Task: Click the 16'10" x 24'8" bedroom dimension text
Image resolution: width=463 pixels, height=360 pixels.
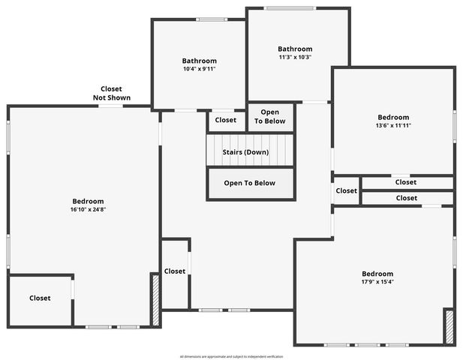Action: click(88, 210)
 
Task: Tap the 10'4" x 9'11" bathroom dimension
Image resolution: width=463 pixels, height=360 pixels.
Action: click(199, 69)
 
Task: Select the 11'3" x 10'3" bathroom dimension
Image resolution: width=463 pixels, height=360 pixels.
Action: click(294, 57)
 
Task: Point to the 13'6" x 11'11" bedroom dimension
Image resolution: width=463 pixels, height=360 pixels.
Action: click(393, 125)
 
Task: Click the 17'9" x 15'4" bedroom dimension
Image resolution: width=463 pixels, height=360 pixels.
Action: click(377, 282)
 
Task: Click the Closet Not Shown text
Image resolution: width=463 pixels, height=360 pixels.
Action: click(112, 93)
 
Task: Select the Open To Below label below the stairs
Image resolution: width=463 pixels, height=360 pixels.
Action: click(250, 183)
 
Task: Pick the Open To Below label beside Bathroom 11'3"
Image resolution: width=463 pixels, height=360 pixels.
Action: click(270, 116)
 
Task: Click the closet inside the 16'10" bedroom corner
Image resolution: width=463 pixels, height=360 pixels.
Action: click(41, 298)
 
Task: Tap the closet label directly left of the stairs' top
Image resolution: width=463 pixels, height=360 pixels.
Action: click(226, 120)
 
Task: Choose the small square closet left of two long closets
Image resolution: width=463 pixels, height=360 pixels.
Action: click(346, 190)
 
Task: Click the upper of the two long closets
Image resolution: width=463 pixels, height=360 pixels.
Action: click(406, 182)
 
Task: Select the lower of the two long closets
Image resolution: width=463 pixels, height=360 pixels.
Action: click(406, 198)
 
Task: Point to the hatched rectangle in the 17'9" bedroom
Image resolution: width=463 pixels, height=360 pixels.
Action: click(449, 327)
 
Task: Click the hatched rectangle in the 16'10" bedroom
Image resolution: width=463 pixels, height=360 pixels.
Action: click(155, 300)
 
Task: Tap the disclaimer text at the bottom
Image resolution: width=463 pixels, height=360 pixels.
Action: click(231, 356)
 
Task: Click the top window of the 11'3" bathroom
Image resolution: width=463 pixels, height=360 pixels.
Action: click(290, 8)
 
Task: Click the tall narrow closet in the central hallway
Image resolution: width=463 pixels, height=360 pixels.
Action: click(175, 271)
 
